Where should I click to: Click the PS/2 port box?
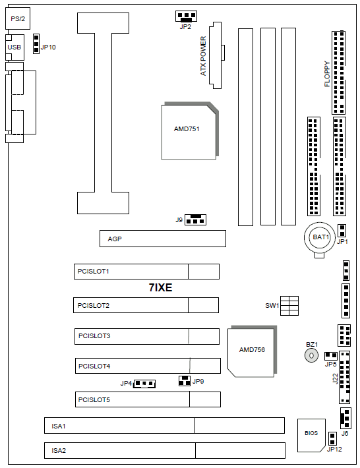click(x=18, y=18)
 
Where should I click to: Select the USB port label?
click(x=15, y=47)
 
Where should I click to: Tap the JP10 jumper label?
click(x=48, y=47)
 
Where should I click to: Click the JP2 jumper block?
click(x=186, y=16)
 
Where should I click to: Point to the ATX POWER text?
click(x=203, y=56)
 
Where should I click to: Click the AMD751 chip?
click(x=189, y=131)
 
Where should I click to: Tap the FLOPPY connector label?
click(x=327, y=74)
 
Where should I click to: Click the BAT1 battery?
click(x=320, y=237)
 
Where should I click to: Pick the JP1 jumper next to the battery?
click(x=342, y=231)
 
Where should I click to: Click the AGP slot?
click(x=163, y=239)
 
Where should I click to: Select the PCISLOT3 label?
click(x=94, y=336)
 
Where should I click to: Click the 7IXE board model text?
click(x=161, y=287)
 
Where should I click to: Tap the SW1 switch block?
click(x=289, y=306)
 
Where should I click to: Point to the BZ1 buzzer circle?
click(x=311, y=355)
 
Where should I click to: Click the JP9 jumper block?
click(x=185, y=380)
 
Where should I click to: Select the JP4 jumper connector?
click(x=144, y=384)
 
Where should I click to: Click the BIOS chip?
click(x=311, y=435)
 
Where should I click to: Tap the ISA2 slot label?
click(x=59, y=450)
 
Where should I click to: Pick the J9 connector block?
click(x=196, y=219)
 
